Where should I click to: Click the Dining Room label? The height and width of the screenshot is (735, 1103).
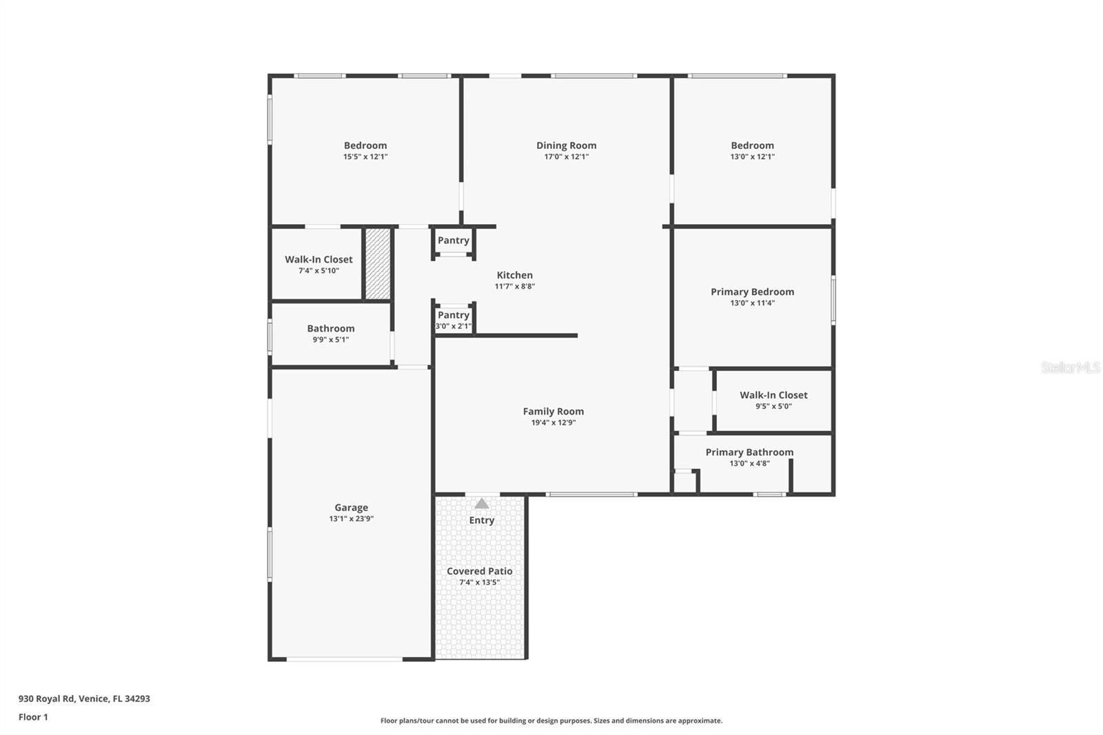click(566, 145)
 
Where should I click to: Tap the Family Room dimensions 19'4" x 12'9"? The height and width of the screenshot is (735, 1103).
click(553, 423)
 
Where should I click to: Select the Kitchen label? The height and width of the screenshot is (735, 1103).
click(514, 275)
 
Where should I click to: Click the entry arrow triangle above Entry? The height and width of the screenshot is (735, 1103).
click(482, 504)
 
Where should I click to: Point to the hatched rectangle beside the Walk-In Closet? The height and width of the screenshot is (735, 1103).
click(378, 263)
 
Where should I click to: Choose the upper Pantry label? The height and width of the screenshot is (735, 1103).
click(453, 241)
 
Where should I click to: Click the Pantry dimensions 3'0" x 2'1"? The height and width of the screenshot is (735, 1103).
click(453, 326)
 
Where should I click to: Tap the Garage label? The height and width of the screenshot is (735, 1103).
click(351, 507)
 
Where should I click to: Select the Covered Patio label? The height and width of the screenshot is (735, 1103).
click(479, 571)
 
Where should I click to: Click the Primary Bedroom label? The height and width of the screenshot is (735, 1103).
click(752, 292)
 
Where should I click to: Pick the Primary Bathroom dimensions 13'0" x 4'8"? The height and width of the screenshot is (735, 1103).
click(749, 463)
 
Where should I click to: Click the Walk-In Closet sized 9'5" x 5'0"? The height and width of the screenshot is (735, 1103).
click(773, 395)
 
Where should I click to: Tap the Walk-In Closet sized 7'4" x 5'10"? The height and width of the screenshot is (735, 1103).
click(318, 260)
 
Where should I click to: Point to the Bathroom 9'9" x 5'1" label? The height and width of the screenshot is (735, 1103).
click(331, 329)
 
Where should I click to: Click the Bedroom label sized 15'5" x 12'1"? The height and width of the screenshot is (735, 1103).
click(365, 145)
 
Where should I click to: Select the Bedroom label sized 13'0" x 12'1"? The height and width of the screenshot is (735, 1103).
click(752, 145)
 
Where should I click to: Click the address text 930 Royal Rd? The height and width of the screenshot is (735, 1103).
click(84, 698)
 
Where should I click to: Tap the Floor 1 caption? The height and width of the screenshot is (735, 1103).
click(33, 717)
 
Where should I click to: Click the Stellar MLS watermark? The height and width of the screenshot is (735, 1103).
click(1070, 367)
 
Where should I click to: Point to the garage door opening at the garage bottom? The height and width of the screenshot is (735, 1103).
click(345, 659)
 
